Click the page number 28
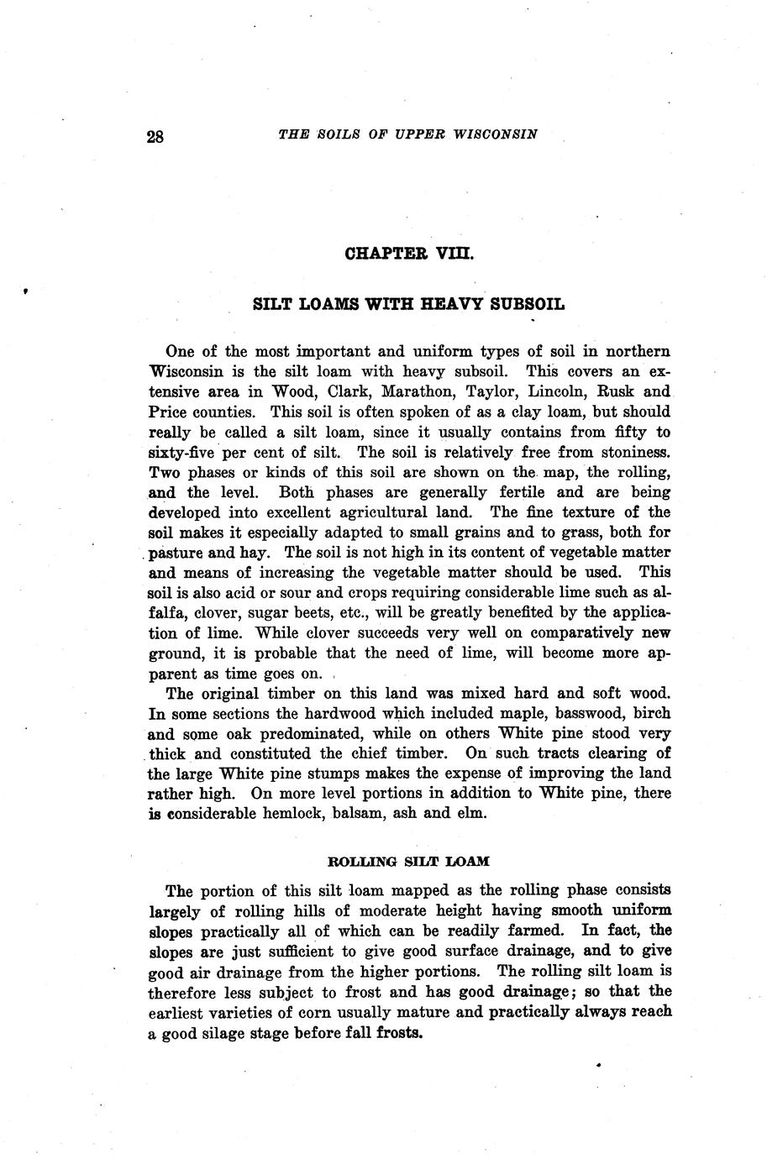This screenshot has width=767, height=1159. [155, 137]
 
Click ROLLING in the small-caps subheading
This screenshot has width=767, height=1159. [360, 862]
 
